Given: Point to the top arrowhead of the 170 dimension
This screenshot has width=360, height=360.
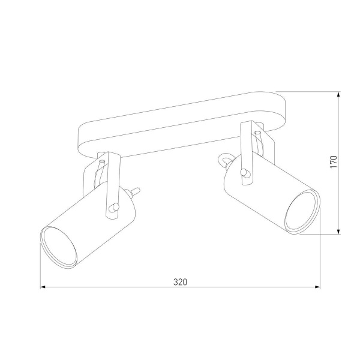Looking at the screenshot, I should (x=340, y=95).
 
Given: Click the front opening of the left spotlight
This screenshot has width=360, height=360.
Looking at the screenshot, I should (x=59, y=246).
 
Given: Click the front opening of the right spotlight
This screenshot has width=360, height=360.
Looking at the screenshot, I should (x=301, y=211).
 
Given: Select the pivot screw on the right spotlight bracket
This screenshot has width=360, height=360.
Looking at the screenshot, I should (x=244, y=174).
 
